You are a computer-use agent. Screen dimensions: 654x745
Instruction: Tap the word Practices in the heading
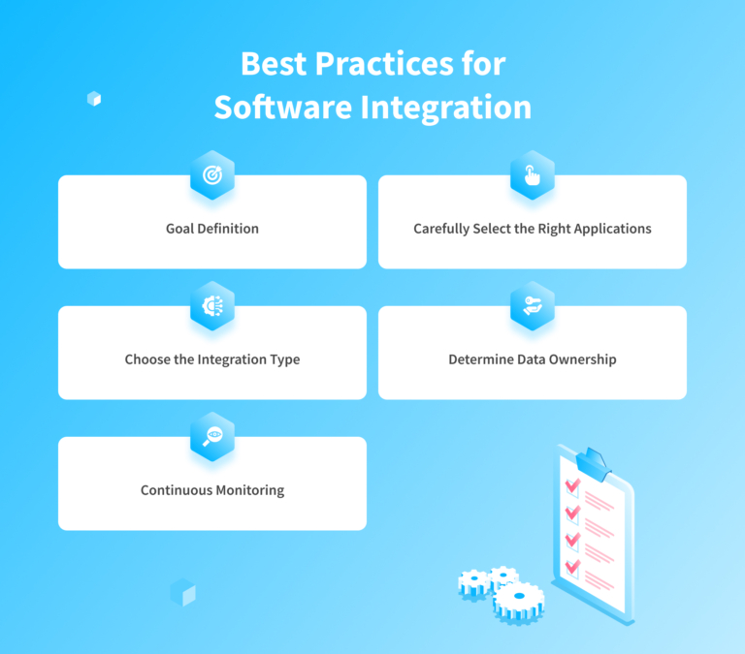point(373,65)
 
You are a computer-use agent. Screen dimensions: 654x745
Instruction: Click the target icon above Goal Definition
point(212,175)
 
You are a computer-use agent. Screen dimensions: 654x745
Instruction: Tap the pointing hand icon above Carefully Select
point(533,175)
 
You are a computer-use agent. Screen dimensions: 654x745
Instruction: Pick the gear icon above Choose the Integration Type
point(212,305)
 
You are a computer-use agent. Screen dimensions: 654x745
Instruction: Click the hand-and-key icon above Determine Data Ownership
point(533,305)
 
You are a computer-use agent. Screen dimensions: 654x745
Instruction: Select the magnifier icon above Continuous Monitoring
point(212,436)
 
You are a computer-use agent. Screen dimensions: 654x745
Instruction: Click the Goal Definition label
point(212,230)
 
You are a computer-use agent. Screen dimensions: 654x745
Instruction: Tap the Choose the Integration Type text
point(212,359)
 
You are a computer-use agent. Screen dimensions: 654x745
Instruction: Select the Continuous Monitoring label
point(212,490)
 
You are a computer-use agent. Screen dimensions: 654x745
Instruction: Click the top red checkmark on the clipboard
point(572,483)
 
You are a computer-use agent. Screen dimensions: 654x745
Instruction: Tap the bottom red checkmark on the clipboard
point(572,563)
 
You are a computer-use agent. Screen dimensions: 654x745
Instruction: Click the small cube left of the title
point(94,98)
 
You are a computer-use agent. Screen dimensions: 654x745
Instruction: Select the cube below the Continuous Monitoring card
point(182,592)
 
